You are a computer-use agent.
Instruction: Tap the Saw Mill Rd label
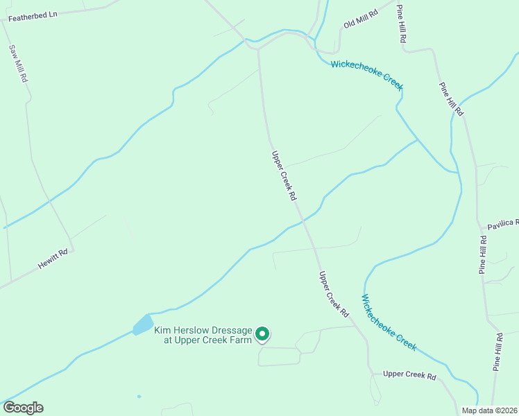click(18, 64)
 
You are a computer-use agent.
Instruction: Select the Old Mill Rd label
click(360, 19)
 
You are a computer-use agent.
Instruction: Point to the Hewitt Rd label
click(53, 259)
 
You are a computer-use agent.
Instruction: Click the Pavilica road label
click(502, 223)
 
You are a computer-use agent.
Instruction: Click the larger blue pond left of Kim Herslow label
click(143, 324)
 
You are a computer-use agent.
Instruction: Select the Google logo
click(23, 408)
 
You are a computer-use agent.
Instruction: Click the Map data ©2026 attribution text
click(490, 410)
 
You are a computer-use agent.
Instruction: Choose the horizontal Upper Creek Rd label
click(409, 376)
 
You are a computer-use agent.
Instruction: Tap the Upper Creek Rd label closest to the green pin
click(333, 295)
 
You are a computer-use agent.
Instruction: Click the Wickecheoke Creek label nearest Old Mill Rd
click(366, 73)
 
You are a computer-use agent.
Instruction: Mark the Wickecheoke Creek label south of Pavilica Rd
click(389, 321)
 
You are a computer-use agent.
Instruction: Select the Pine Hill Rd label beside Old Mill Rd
click(400, 24)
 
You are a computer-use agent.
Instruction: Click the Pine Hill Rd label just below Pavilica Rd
click(483, 254)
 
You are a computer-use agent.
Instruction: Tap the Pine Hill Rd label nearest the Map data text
click(497, 352)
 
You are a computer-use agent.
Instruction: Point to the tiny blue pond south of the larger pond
click(139, 397)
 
